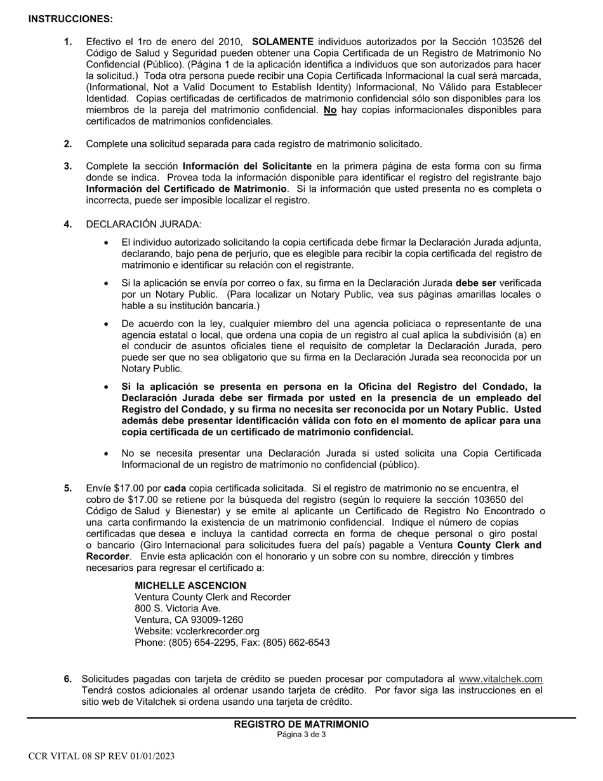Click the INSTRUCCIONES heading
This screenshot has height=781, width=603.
pyautogui.click(x=70, y=19)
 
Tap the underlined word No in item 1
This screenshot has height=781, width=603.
pyautogui.click(x=330, y=110)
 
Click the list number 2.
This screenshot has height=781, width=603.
pyautogui.click(x=68, y=144)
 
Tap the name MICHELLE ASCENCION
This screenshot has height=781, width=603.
pyautogui.click(x=190, y=585)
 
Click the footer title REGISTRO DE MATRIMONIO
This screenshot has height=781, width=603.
pyautogui.click(x=301, y=724)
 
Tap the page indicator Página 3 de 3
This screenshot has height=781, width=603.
pyautogui.click(x=301, y=735)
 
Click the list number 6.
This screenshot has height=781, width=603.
pyautogui.click(x=68, y=679)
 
